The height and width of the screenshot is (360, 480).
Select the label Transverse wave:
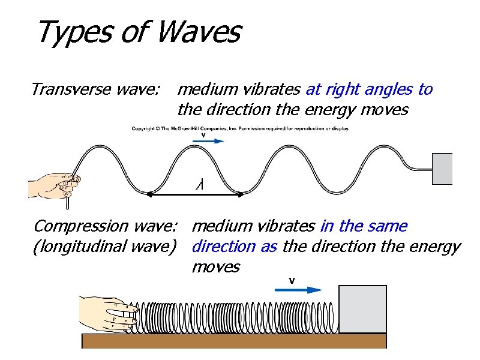tap(95, 90)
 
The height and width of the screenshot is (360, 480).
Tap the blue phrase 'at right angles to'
tap(369, 90)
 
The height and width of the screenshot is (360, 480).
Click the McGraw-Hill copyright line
tap(241, 128)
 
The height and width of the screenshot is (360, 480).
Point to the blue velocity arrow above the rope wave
tap(208, 142)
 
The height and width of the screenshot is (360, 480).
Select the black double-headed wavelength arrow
tap(195, 194)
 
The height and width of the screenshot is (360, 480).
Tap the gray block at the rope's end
tap(442, 169)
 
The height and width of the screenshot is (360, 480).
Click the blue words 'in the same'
tap(364, 227)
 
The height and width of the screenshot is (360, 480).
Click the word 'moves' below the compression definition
tap(215, 267)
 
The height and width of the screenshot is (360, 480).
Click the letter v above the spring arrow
tap(292, 280)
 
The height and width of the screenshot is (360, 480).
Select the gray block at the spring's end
tap(362, 309)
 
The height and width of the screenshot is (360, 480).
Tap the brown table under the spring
tap(234, 341)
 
